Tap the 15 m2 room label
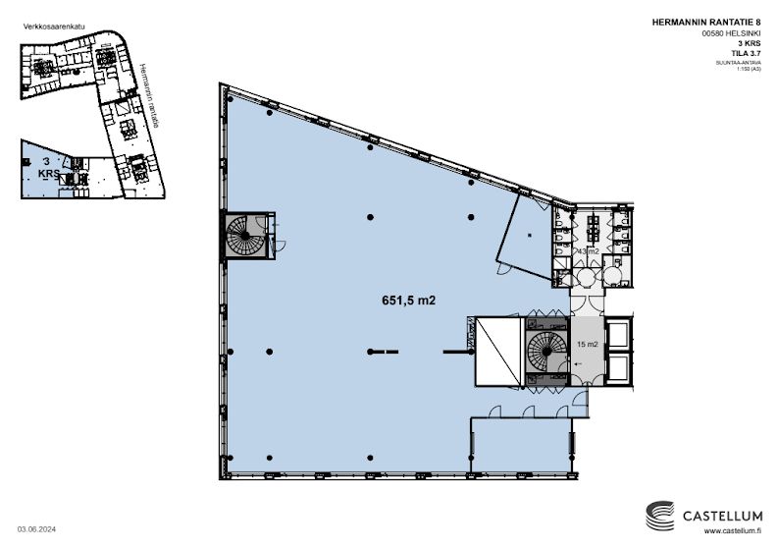(588, 343)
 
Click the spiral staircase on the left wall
(241, 237)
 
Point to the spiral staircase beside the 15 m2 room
(546, 350)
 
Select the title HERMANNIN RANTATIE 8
(719, 22)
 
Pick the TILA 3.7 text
(742, 54)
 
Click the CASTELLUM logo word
(720, 512)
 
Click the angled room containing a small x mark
(529, 235)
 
